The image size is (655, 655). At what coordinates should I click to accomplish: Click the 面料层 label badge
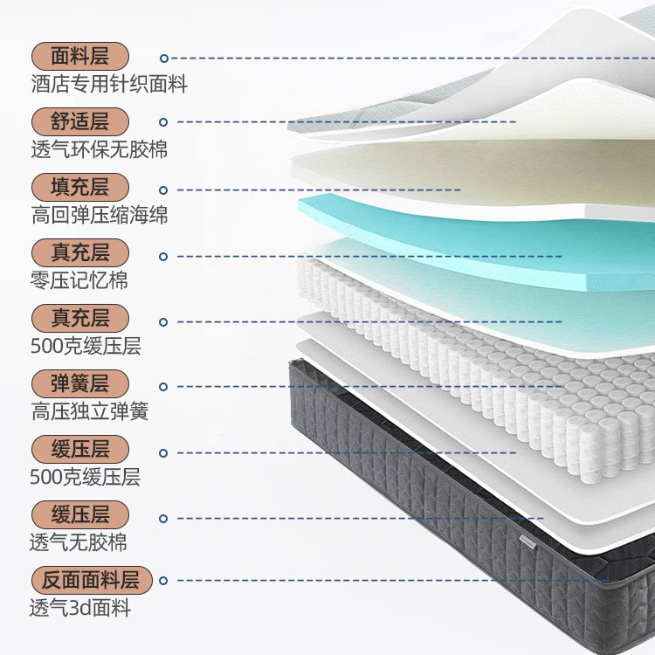79,57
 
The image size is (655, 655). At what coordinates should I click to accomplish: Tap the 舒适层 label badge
79,121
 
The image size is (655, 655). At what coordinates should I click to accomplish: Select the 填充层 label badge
79,187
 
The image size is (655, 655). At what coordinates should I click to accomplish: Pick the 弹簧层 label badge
79,383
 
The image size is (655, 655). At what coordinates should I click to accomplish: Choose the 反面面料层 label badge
91,580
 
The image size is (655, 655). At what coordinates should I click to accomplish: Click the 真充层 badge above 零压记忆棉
79,253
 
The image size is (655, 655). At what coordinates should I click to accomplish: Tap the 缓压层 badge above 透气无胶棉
79,514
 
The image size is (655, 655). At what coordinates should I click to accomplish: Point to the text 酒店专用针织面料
108,85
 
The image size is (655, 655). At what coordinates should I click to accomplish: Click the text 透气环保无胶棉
99,149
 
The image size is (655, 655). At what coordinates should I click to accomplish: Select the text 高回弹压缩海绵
99,215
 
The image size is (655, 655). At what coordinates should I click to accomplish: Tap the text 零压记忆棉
79,281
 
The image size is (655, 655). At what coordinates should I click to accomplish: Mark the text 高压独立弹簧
89,411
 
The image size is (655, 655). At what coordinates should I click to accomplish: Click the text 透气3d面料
80,608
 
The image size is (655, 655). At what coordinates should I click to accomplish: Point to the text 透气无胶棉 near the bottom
79,542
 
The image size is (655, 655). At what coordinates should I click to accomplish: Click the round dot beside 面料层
163,59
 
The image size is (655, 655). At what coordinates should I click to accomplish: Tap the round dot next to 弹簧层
163,386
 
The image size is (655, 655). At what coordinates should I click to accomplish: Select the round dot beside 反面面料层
163,580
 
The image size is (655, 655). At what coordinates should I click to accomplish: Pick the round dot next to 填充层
163,189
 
